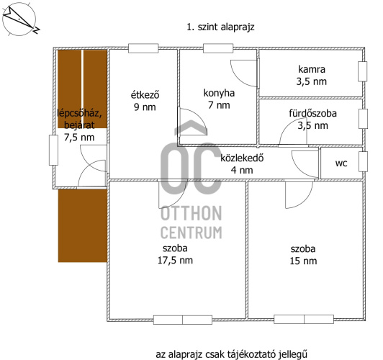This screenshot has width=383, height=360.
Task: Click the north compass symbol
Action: click(x=19, y=19)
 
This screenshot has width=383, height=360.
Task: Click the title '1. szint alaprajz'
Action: click(x=220, y=27)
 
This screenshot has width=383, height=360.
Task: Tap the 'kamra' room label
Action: click(x=312, y=69)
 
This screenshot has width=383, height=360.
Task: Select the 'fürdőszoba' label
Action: click(x=312, y=113)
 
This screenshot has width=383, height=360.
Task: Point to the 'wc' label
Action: click(x=341, y=163)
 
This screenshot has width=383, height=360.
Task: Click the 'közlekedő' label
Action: click(x=242, y=158)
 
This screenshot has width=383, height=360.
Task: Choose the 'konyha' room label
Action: click(x=219, y=93)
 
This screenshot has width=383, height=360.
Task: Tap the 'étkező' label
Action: click(x=145, y=95)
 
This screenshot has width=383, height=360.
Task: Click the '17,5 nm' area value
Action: click(x=175, y=261)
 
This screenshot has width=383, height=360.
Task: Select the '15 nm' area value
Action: click(x=303, y=261)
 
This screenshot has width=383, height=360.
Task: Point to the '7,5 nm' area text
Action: click(x=79, y=138)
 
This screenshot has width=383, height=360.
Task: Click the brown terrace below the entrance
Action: click(x=83, y=226)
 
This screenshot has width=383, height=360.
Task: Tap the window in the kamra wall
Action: click(x=363, y=71)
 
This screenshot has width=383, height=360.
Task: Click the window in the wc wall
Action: click(x=363, y=161)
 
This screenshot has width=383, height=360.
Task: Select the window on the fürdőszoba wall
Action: click(x=363, y=119)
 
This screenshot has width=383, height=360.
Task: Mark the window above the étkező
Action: click(x=143, y=48)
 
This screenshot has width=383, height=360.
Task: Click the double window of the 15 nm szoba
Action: click(x=304, y=320)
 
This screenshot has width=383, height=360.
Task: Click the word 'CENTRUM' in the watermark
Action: click(x=191, y=233)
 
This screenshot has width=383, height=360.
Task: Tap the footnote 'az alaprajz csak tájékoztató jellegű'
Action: click(x=231, y=354)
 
